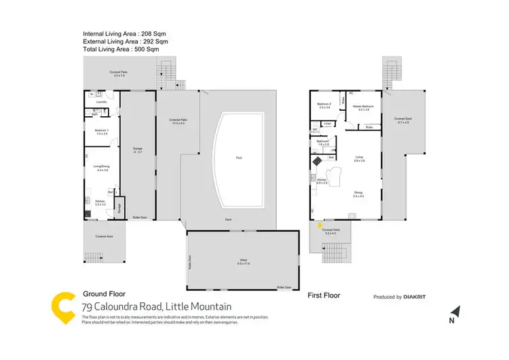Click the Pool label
(x=239, y=158)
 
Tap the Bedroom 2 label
(x=324, y=105)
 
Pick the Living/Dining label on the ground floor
(x=102, y=167)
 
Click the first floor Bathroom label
(x=323, y=142)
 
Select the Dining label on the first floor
(x=358, y=193)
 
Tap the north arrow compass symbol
(x=457, y=312)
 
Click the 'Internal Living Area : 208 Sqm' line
(x=124, y=33)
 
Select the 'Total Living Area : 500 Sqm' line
(x=121, y=50)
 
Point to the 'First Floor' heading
(x=324, y=296)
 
